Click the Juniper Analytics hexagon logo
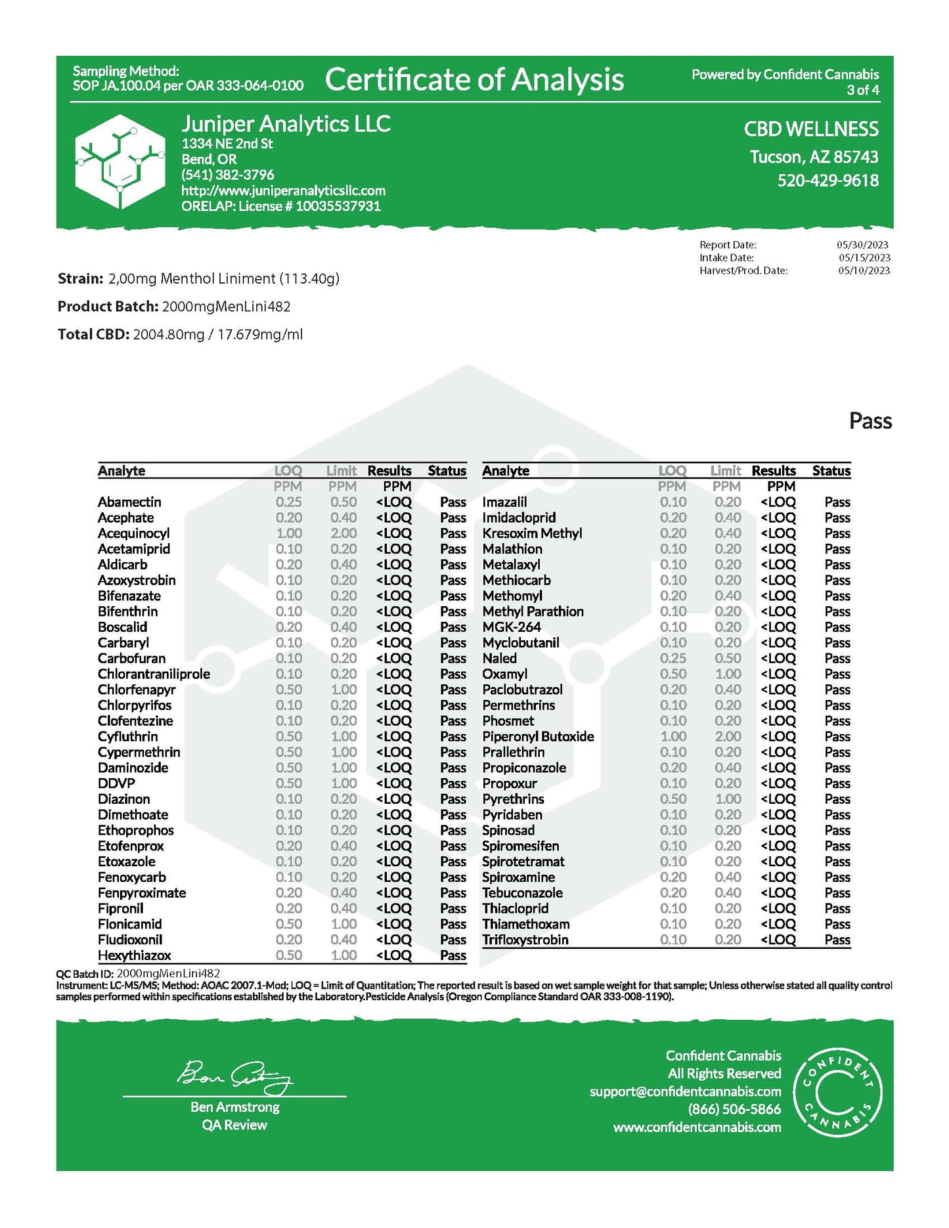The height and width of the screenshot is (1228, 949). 120,162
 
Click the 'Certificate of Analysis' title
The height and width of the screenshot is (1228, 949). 474,79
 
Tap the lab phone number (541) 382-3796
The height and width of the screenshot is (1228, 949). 228,175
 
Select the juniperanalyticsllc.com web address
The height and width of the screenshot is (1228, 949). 283,190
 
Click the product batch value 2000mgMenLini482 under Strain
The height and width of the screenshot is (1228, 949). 226,307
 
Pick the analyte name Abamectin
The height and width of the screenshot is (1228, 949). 129,502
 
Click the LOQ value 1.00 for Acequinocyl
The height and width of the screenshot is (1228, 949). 289,533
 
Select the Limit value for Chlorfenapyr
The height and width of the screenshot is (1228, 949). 343,690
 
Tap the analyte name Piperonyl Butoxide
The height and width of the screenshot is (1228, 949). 538,736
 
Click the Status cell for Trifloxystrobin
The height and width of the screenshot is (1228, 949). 837,940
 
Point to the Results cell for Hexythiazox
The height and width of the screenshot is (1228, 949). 393,955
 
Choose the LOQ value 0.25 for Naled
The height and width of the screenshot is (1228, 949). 673,658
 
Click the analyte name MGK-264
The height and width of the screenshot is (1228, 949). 512,627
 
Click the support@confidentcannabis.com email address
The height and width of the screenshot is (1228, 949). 685,1091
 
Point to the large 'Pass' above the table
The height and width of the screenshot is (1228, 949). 870,421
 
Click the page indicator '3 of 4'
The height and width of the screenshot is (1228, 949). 862,90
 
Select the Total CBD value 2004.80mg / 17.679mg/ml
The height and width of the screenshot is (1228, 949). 217,334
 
